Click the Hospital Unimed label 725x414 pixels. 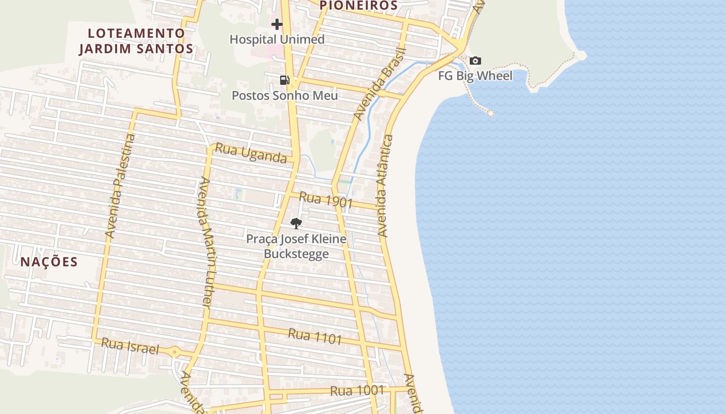tap(277, 39)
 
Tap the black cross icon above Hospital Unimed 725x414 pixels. tap(277, 24)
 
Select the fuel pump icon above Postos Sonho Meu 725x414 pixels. tap(284, 80)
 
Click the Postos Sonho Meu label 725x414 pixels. tap(284, 96)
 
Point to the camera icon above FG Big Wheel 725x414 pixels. tap(475, 61)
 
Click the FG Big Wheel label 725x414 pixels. tap(475, 76)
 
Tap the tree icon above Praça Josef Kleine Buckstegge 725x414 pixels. tap(296, 224)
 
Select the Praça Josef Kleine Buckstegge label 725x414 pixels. tap(296, 246)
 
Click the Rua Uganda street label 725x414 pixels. tap(251, 153)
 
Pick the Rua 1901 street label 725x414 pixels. tap(326, 201)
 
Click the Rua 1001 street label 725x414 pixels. tap(357, 390)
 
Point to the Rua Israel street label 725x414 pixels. tap(130, 346)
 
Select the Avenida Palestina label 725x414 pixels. tap(120, 186)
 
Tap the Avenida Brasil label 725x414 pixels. tap(380, 84)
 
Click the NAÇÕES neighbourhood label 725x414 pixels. tap(49, 262)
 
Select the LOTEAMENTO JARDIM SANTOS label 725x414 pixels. tap(136, 41)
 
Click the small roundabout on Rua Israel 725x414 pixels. tap(175, 352)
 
